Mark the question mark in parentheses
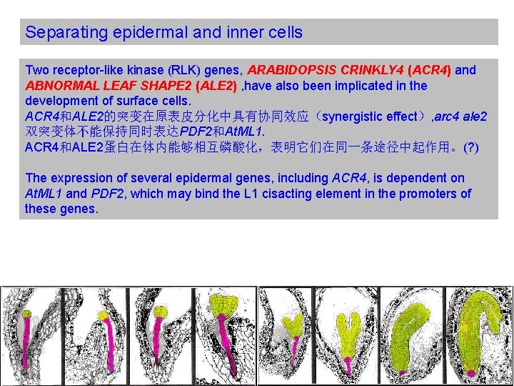pyautogui.click(x=471, y=147)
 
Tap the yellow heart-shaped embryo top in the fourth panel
pyautogui.click(x=228, y=303)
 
